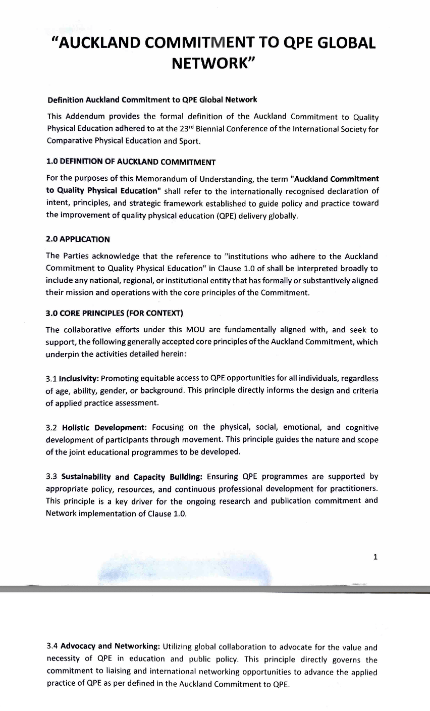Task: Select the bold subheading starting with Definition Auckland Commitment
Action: pyautogui.click(x=152, y=99)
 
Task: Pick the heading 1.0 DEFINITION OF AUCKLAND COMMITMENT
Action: pyautogui.click(x=131, y=162)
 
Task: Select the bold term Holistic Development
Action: pyautogui.click(x=104, y=427)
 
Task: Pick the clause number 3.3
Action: pyautogui.click(x=52, y=476)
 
